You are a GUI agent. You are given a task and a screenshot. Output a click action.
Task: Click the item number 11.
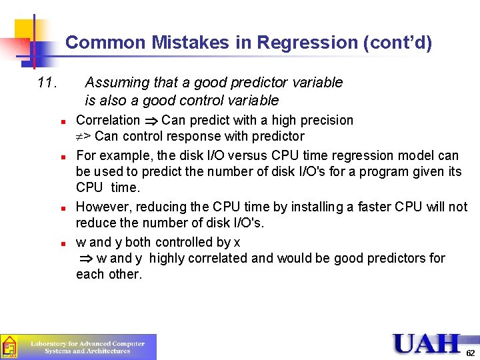pos(49,83)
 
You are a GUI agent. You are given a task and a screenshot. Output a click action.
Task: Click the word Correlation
pos(108,121)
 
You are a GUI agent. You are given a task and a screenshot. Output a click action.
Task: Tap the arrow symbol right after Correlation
pos(151,121)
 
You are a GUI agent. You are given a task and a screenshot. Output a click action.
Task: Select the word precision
pos(325,121)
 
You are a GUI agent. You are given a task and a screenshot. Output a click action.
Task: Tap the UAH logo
pos(426,343)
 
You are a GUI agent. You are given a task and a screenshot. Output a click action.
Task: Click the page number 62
pos(470,353)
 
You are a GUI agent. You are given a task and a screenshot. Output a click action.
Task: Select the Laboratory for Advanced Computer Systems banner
pos(87,347)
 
